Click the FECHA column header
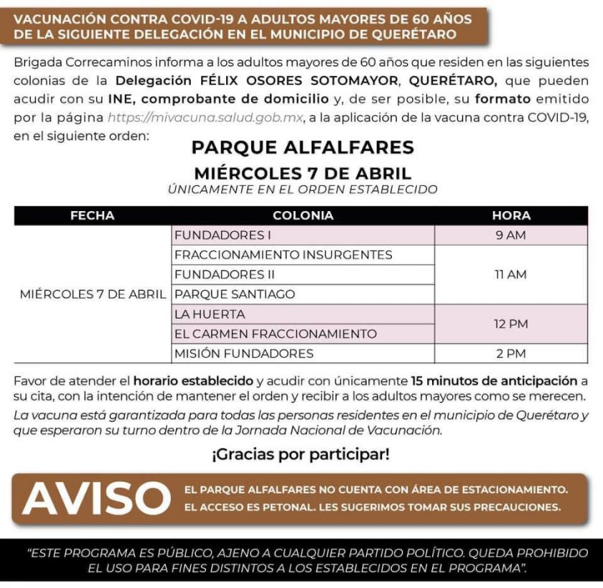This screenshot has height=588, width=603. pyautogui.click(x=92, y=215)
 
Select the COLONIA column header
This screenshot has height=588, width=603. pyautogui.click(x=303, y=215)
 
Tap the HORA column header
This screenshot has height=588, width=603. pyautogui.click(x=511, y=215)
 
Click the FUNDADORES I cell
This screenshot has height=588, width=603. pyautogui.click(x=212, y=235)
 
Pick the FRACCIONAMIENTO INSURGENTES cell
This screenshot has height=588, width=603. pyautogui.click(x=283, y=255)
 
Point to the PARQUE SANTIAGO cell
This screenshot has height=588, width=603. pyautogui.click(x=224, y=294)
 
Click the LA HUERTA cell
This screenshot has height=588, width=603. pyautogui.click(x=210, y=314)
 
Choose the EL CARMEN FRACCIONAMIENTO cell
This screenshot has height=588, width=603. pyautogui.click(x=276, y=334)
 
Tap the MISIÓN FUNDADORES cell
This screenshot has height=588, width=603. pyautogui.click(x=244, y=353)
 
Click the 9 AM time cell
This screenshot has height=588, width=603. pyautogui.click(x=511, y=235)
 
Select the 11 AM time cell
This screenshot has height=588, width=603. pyautogui.click(x=511, y=274)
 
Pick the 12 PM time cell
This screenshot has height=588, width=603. pyautogui.click(x=511, y=324)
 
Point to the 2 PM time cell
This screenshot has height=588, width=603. pyautogui.click(x=511, y=353)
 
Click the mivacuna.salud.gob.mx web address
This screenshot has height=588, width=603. pyautogui.click(x=205, y=116)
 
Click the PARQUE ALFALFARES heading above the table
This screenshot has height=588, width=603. pyautogui.click(x=302, y=148)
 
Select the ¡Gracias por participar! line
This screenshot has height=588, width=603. pyautogui.click(x=301, y=454)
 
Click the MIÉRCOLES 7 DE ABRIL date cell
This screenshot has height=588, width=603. pyautogui.click(x=93, y=294)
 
